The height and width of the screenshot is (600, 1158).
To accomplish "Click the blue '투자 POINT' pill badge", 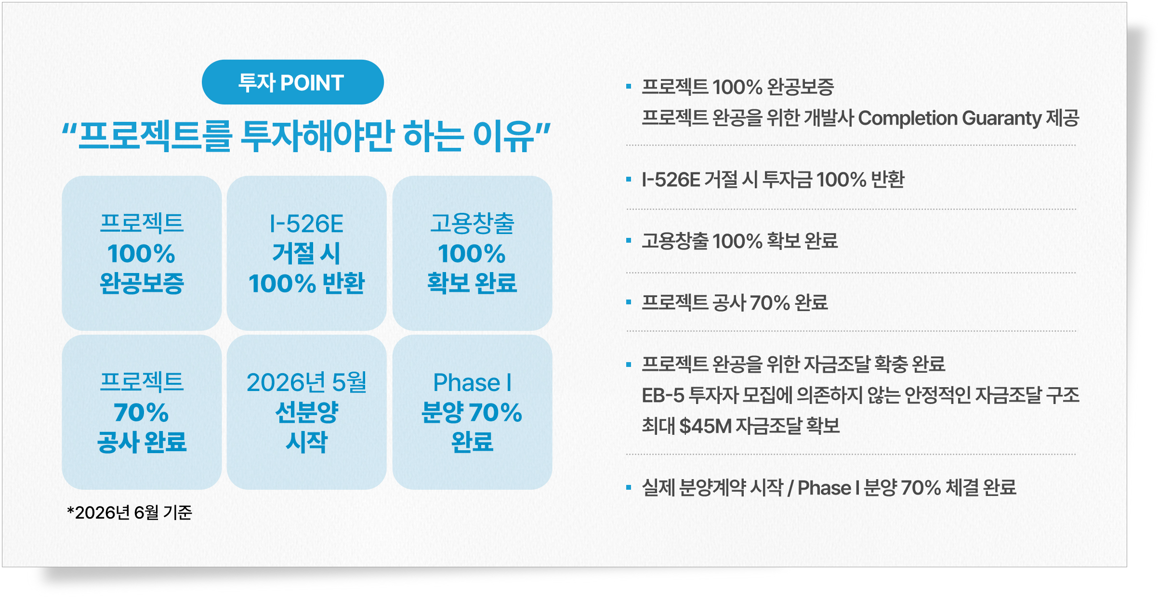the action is click(292, 82).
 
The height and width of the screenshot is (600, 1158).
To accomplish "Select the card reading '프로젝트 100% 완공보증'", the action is click(142, 253).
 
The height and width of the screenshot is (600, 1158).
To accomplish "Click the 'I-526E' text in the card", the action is click(306, 224).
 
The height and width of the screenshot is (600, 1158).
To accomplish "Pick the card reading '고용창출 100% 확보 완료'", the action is click(472, 253).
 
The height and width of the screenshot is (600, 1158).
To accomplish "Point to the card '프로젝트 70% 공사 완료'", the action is click(142, 412).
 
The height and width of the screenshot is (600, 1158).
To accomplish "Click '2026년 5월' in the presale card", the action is click(306, 382).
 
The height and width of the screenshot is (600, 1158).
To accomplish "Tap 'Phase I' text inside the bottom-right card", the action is click(472, 383).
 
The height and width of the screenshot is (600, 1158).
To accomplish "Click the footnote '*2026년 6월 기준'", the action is click(130, 512).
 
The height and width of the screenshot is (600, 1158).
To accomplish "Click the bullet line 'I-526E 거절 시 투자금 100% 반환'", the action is click(773, 180).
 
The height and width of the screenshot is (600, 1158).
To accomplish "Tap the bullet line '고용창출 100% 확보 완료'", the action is click(740, 241).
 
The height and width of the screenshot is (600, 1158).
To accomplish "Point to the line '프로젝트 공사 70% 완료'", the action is click(735, 302).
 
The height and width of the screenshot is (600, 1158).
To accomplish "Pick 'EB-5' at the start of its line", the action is click(663, 395).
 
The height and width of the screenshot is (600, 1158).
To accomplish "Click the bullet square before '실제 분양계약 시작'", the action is click(629, 487).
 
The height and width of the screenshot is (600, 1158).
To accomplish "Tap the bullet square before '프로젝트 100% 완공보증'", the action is click(629, 87).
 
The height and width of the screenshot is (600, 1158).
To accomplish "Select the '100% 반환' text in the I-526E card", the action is click(306, 283).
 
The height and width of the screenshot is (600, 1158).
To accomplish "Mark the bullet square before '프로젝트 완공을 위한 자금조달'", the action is click(629, 364).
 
